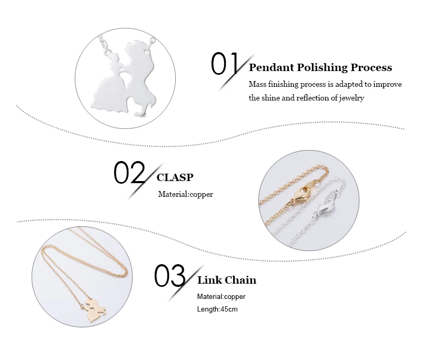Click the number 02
[129, 173]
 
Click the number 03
[170, 275]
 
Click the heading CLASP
[175, 178]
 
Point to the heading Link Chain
[227, 280]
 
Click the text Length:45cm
[217, 309]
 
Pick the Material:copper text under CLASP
[186, 194]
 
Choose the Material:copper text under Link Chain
[221, 296]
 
